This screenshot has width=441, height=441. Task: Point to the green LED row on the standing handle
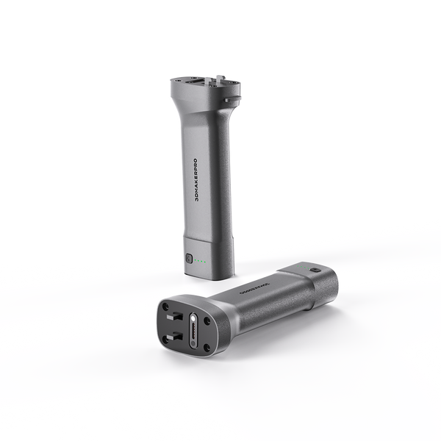(x=206, y=261)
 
